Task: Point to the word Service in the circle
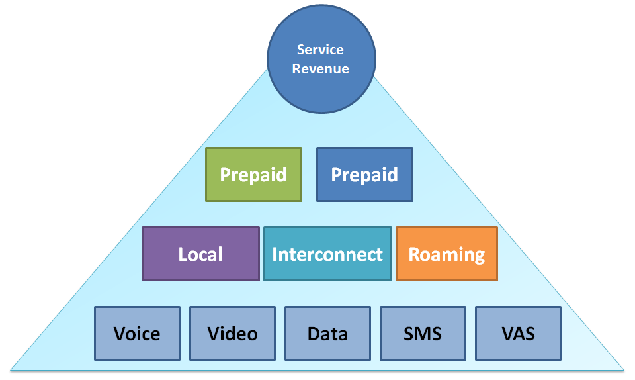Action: (x=320, y=50)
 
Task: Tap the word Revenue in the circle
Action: (x=320, y=68)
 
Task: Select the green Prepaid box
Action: (x=253, y=174)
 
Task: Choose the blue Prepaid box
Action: (x=364, y=174)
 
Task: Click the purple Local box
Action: (x=200, y=254)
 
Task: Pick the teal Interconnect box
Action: (x=327, y=254)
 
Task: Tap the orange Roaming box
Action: (x=446, y=254)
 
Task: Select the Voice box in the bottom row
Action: (x=137, y=333)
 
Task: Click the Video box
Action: (x=232, y=333)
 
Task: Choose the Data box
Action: (x=327, y=333)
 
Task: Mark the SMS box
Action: (x=423, y=333)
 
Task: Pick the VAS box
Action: (x=518, y=333)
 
